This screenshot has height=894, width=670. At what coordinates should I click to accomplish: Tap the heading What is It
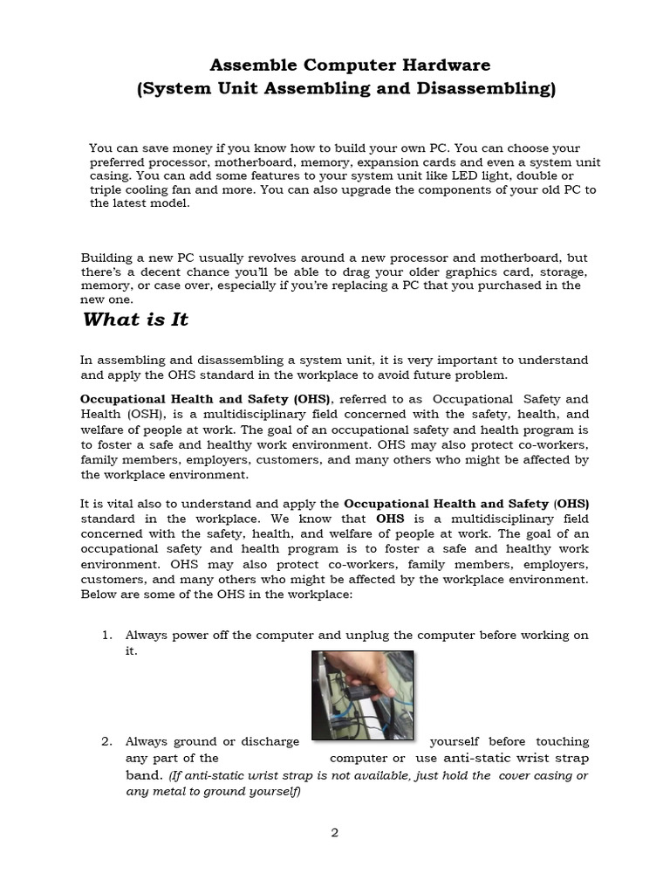[135, 320]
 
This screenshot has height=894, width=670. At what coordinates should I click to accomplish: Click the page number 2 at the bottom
[334, 832]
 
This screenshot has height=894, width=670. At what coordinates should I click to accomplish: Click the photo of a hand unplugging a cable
[363, 695]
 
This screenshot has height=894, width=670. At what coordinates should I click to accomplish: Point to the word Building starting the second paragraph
[109, 258]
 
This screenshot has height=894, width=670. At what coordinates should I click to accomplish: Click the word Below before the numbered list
[99, 594]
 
